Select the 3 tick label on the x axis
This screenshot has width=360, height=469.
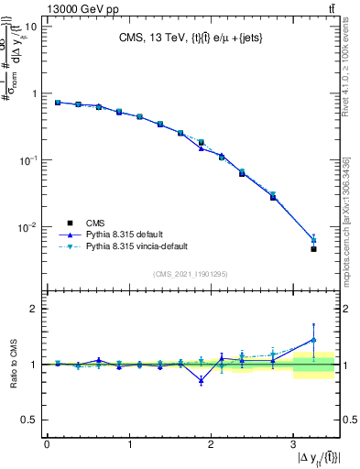pyautogui.click(x=292, y=445)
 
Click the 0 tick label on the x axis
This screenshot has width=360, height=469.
pyautogui.click(x=47, y=445)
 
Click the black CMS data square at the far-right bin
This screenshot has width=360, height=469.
pyautogui.click(x=313, y=248)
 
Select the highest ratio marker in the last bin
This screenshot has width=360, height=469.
pyautogui.click(x=313, y=340)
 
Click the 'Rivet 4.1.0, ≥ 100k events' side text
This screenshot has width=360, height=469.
pyautogui.click(x=349, y=78)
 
